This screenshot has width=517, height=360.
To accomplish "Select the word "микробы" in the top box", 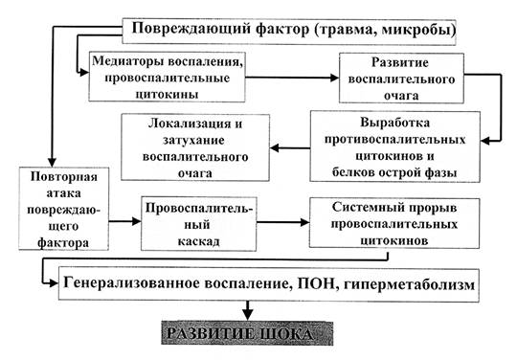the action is [416, 30].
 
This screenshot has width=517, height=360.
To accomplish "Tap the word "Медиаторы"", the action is [128, 61].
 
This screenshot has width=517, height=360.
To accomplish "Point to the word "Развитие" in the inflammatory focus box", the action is [400, 62].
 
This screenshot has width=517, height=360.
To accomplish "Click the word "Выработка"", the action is [394, 123].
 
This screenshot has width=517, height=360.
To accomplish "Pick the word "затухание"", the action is [193, 141].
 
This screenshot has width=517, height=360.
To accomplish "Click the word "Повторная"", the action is [63, 177].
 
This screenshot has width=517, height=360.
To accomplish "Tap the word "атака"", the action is [63, 193].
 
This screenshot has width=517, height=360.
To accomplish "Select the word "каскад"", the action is [198, 241].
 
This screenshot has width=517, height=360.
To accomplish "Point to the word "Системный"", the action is [368, 208].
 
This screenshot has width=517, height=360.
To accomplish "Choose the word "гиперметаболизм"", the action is [409, 284].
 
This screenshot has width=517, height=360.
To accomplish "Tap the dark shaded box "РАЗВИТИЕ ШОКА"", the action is [247, 333].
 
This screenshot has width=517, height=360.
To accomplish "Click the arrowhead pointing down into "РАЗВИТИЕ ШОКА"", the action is [248, 314].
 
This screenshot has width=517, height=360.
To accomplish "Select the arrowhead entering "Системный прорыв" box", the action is [304, 222].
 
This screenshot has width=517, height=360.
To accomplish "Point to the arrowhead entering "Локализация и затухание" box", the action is [275, 148].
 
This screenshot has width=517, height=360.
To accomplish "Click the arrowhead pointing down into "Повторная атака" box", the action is [52, 162].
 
